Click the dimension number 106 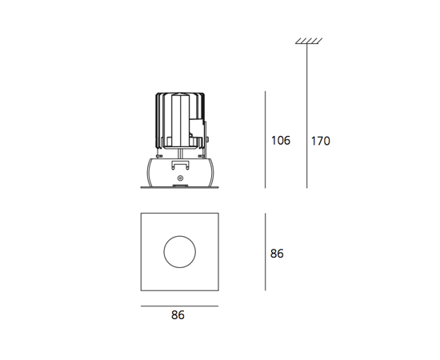click(x=279, y=141)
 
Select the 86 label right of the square click(x=277, y=254)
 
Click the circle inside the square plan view click(x=179, y=253)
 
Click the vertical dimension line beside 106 click(x=265, y=141)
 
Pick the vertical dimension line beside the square click(x=265, y=253)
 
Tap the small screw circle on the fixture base click(x=181, y=177)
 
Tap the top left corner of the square click(x=142, y=215)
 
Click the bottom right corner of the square click(x=218, y=291)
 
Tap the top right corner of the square click(x=218, y=215)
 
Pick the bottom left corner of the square click(x=142, y=291)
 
